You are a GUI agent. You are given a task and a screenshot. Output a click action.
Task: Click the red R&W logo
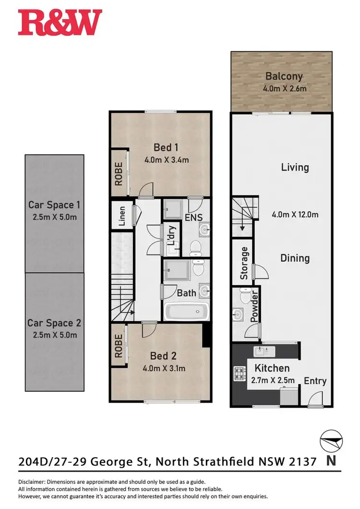(60, 23)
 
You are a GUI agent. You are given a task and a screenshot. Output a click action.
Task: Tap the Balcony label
(284, 76)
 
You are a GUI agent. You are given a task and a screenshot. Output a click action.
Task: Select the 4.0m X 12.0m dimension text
(295, 215)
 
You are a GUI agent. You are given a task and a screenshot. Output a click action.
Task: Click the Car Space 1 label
(54, 205)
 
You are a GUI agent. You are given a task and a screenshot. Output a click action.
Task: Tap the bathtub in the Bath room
(185, 312)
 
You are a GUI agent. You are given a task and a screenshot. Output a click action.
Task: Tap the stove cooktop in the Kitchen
(239, 372)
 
